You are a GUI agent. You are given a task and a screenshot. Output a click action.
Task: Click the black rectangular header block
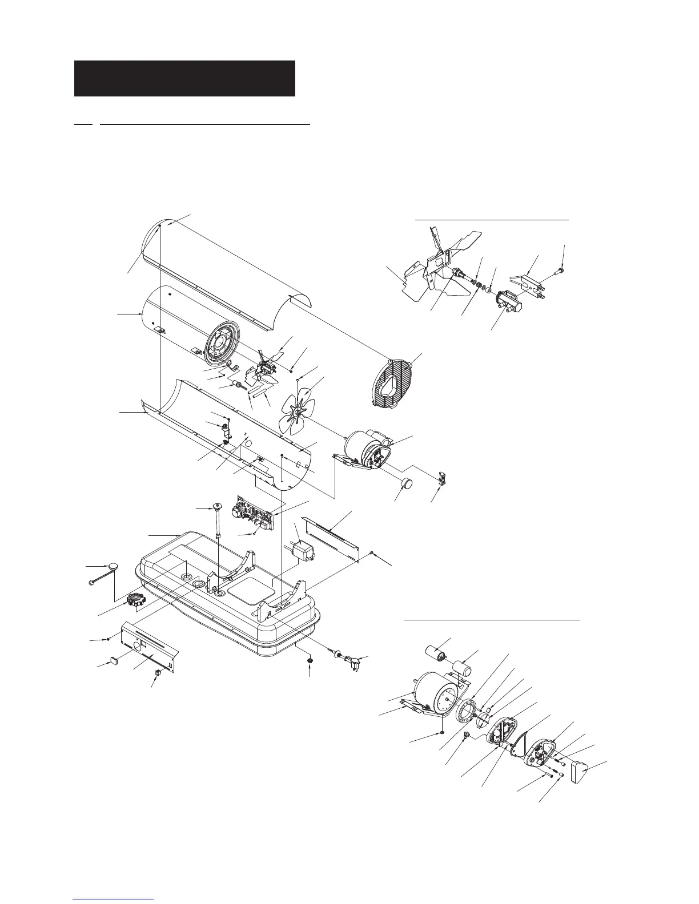point(184,78)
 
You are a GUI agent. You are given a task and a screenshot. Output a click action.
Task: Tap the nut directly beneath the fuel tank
point(310,661)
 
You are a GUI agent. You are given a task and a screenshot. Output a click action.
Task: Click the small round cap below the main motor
point(405,485)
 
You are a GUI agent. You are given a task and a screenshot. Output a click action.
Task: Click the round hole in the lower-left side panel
point(138,646)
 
